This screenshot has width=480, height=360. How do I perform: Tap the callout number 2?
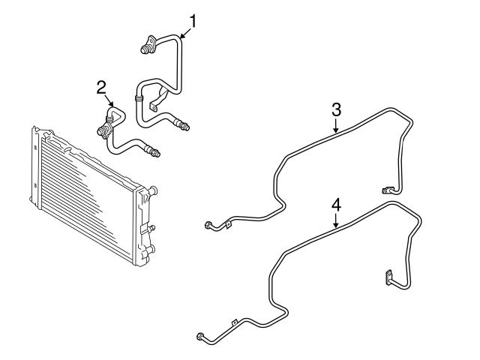point(101,88)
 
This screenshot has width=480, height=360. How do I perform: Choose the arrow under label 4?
point(336,221)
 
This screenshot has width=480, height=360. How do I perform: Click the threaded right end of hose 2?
point(155,154)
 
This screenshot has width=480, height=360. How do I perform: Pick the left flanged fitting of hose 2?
point(102,132)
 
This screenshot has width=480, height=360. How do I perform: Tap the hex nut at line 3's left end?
point(208,224)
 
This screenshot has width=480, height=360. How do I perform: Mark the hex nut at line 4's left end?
point(200,336)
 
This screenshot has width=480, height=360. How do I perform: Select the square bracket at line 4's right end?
point(390,277)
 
